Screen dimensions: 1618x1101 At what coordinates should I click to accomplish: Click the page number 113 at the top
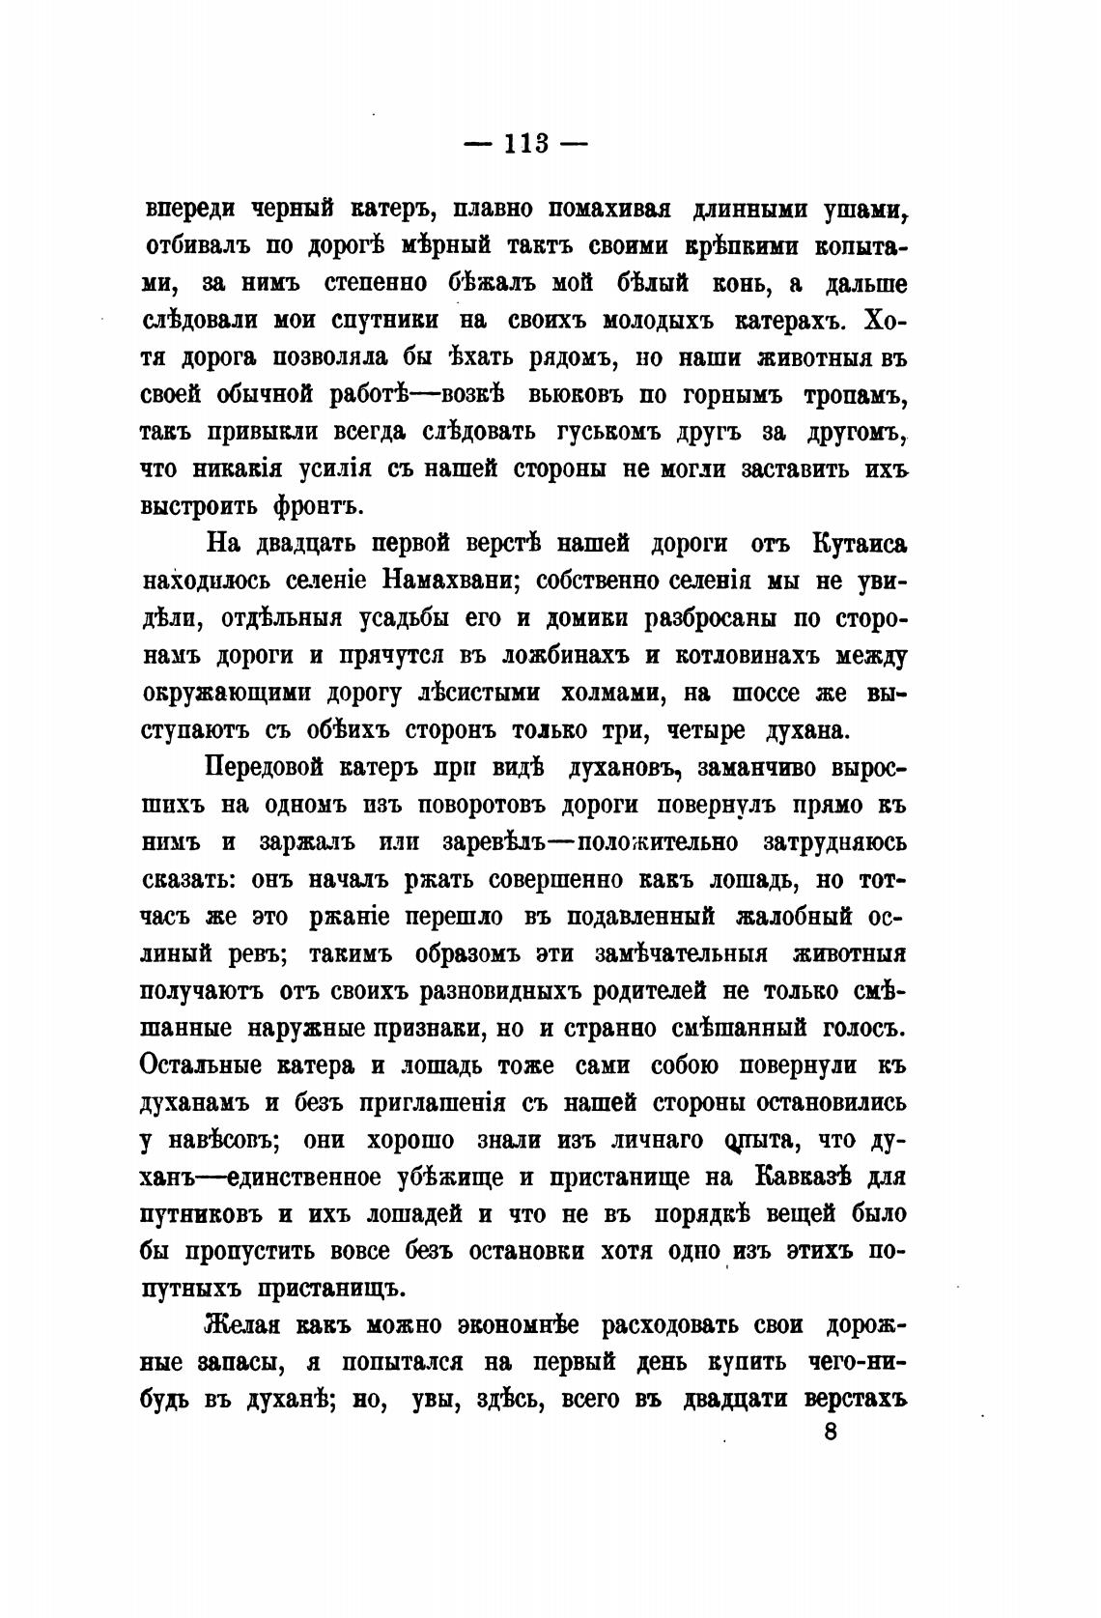click(x=526, y=144)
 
